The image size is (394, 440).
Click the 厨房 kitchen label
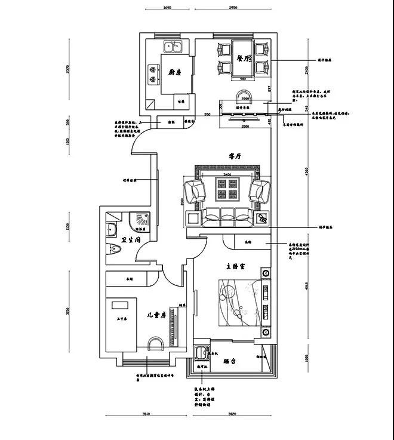(x=175, y=72)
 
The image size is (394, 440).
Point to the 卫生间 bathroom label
(x=130, y=240)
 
